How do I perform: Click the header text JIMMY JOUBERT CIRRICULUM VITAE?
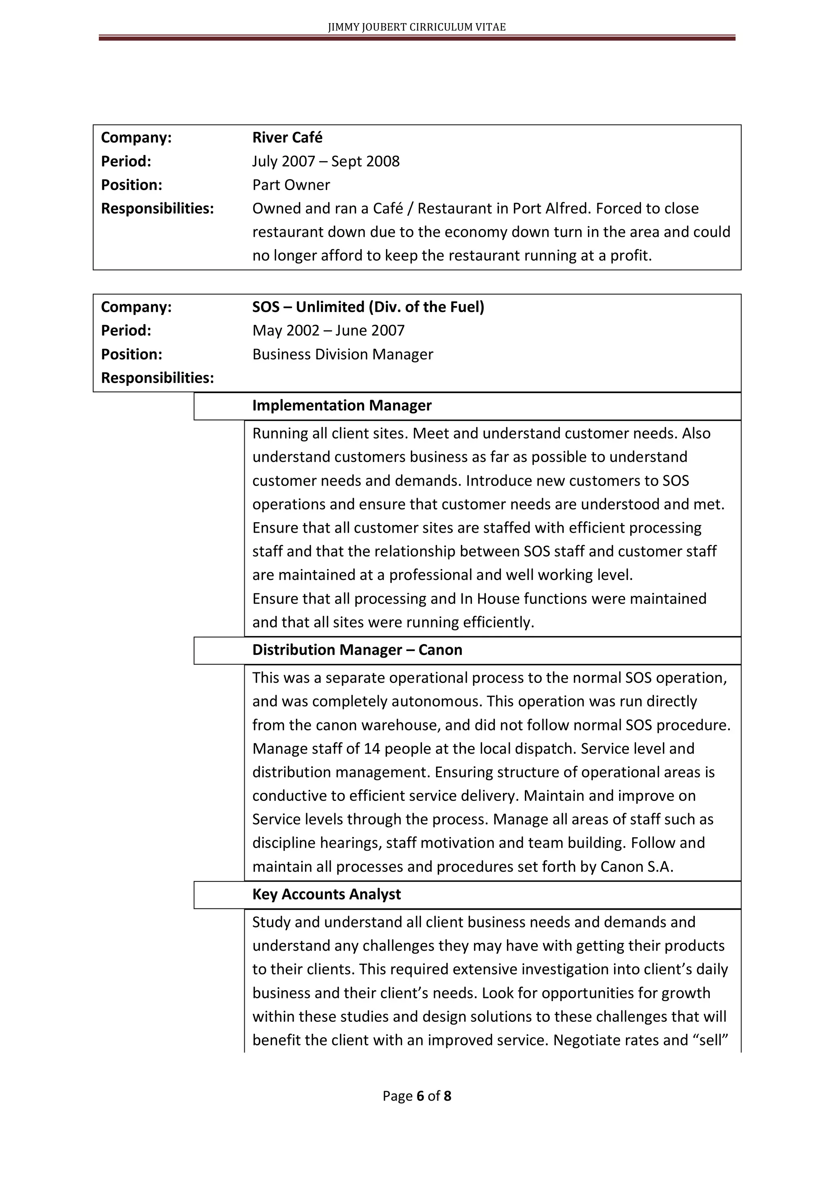coord(417,27)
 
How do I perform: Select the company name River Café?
coord(287,138)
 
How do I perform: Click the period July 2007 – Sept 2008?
coord(326,161)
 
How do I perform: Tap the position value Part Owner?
coord(291,185)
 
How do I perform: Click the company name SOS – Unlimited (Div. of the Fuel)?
coord(368,307)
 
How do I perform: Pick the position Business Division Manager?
coord(343,354)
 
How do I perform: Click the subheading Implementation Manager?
coord(342,406)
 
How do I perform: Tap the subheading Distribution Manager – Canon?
coord(357,650)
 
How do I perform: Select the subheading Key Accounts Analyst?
coord(326,895)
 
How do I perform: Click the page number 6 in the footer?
coord(420,1096)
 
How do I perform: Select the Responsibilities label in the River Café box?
coord(157,208)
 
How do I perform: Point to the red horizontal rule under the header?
coord(417,38)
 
